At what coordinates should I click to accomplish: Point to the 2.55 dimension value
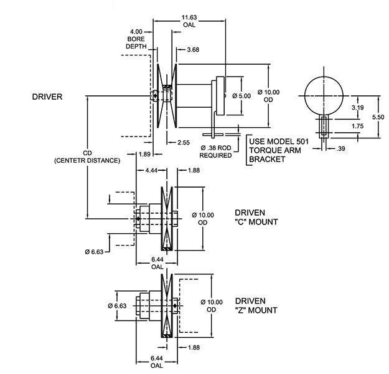click(183, 143)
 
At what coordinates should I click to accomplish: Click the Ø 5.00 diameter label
click(240, 96)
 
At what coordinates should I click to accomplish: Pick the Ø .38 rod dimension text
click(214, 148)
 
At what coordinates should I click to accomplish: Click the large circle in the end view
click(323, 95)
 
